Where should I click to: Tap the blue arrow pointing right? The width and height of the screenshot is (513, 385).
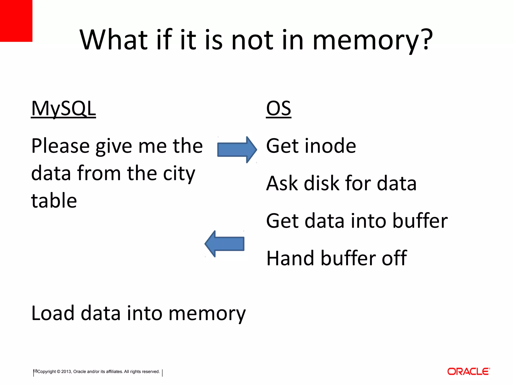237,150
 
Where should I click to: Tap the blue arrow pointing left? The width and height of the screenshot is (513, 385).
225,244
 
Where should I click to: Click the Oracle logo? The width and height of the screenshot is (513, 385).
468,371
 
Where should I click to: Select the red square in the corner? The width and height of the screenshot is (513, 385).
16,21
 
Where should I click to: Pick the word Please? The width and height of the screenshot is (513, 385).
60,146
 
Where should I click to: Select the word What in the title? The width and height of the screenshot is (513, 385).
114,40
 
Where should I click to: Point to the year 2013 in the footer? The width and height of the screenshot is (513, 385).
66,371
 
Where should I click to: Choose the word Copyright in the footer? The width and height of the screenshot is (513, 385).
47,371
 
